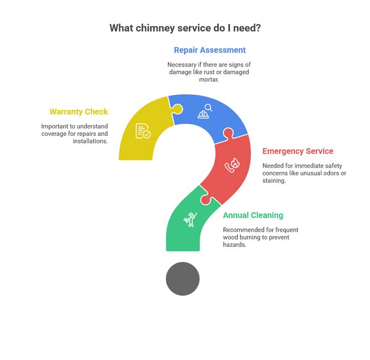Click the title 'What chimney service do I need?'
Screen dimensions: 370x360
tap(185, 28)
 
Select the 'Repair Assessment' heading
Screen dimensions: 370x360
tap(210, 50)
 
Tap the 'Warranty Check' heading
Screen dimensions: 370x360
tap(79, 112)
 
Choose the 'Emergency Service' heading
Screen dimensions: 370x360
tap(298, 151)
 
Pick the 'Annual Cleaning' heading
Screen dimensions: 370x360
tap(253, 215)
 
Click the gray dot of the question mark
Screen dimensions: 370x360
tap(183, 279)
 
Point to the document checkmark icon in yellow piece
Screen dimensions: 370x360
tap(143, 131)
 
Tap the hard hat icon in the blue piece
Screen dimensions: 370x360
tap(203, 115)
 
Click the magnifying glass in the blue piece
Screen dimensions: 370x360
tap(208, 108)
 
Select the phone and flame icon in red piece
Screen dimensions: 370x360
tap(232, 165)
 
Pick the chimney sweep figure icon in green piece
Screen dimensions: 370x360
tap(190, 219)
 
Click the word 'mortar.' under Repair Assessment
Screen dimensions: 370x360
tap(209, 80)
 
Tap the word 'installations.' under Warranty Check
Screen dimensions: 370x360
tap(90, 141)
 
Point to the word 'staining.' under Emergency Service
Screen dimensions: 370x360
tap(274, 181)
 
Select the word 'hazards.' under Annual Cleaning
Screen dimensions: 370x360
tap(235, 245)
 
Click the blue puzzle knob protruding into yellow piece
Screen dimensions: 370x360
tap(178, 109)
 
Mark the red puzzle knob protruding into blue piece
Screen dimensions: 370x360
tap(229, 133)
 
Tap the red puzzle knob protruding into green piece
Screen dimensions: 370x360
tap(206, 199)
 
